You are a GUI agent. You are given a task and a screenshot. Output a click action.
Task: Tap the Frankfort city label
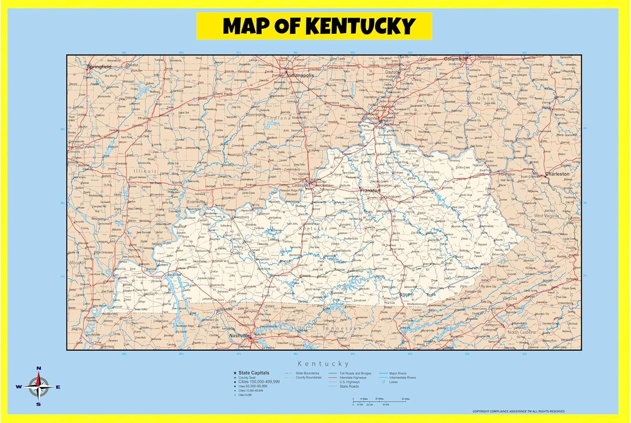(370, 191)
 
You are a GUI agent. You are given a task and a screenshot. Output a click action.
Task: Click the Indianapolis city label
(300, 75)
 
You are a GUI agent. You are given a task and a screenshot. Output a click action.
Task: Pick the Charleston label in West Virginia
(557, 174)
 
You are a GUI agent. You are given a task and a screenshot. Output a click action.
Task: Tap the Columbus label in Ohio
(455, 59)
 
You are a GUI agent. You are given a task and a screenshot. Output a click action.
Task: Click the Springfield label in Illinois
(99, 67)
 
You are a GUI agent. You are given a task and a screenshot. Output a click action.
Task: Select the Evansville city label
(196, 202)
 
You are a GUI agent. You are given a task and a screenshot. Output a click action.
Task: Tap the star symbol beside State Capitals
(235, 373)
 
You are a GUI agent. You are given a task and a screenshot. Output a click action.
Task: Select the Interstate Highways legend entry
(353, 378)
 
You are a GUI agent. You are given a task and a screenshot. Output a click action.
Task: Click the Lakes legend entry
(393, 382)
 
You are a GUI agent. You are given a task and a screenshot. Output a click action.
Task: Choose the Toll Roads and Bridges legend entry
(355, 373)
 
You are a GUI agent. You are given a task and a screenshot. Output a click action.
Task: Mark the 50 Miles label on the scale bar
(406, 399)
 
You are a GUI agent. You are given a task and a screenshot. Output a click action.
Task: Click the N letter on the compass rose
(39, 368)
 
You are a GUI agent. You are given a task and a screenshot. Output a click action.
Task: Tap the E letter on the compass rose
(58, 387)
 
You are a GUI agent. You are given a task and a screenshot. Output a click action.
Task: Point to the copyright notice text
(518, 411)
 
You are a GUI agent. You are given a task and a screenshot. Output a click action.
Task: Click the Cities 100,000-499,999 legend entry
(259, 382)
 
